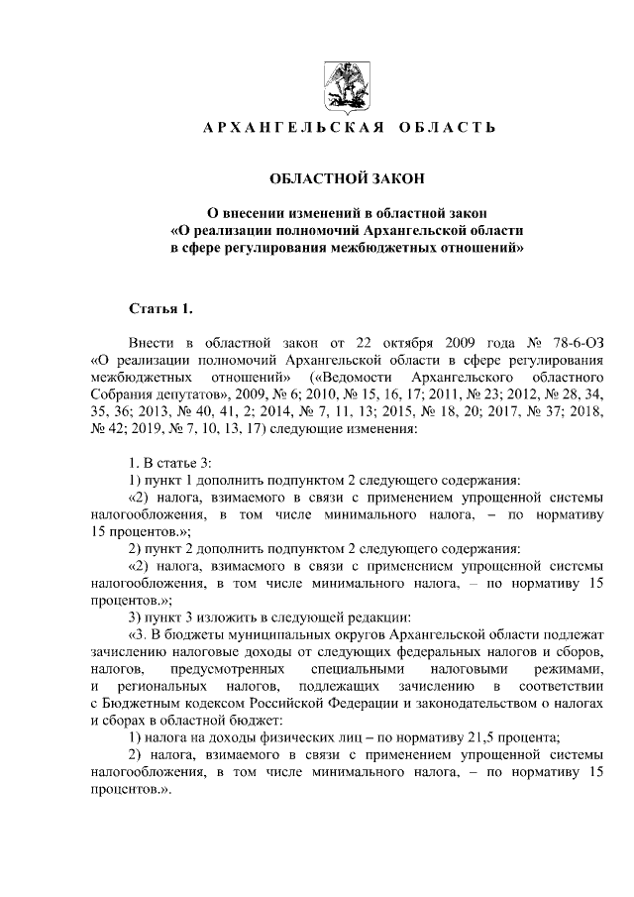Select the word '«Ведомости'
point(348,378)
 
